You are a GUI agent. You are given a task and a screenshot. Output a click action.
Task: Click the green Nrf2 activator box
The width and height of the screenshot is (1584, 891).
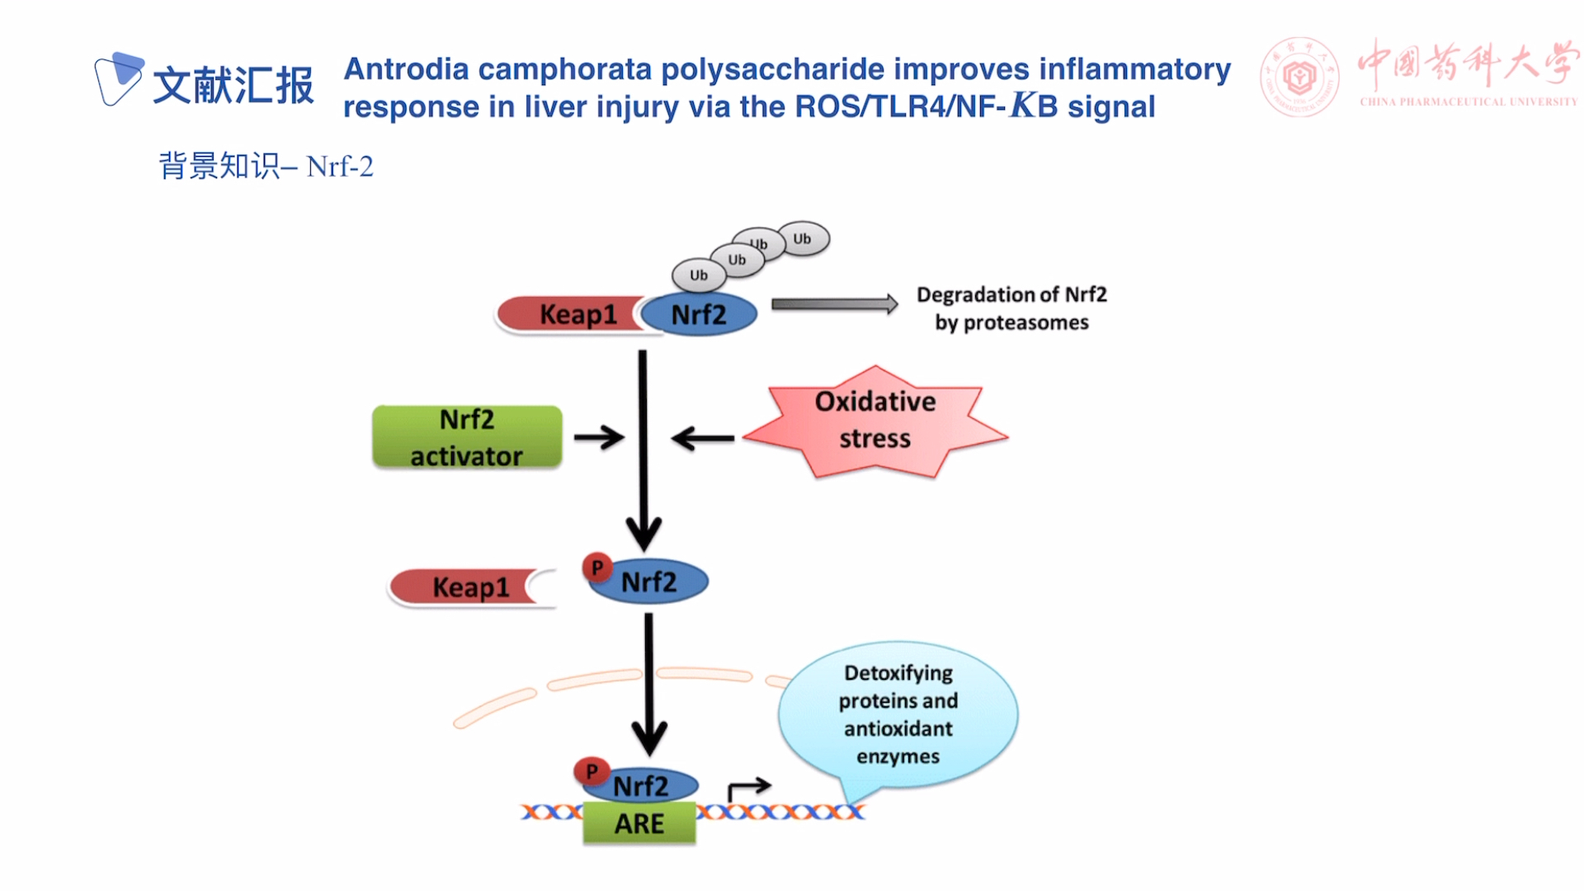pos(467,437)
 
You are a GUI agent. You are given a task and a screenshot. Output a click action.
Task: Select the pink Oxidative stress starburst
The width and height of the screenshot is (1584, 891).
pos(874,421)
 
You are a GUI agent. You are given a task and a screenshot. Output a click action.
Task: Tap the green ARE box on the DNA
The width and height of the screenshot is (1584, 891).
pos(639,823)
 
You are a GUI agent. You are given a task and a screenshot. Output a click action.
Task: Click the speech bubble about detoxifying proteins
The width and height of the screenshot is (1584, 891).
pos(898,714)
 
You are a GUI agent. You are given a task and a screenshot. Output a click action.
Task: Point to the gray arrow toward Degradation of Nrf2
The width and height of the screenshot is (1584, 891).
pos(833,304)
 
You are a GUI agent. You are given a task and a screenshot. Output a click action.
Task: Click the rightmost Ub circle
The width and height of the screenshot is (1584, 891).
pos(803,239)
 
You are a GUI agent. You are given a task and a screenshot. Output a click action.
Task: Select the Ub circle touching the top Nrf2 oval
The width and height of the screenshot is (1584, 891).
pos(699,276)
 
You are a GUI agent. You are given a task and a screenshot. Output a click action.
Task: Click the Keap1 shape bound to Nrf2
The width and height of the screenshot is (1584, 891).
pos(569,314)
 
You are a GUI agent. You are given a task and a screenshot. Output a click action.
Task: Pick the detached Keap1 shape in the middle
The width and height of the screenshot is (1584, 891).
pos(466,587)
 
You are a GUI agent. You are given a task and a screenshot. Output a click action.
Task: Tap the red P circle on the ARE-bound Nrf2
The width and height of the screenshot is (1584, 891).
pos(591,771)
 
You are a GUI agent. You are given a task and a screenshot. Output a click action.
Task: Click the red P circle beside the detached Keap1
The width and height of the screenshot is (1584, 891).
pos(596,568)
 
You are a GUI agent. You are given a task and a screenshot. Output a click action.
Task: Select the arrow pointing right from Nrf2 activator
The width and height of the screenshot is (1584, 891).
pos(599,437)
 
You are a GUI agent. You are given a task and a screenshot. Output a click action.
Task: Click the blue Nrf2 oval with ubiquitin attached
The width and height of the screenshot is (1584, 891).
pos(700,314)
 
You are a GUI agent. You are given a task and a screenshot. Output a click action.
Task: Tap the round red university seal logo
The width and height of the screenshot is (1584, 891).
pos(1299,78)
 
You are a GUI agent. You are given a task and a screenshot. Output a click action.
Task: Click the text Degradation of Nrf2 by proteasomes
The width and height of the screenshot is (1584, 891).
pos(1011,309)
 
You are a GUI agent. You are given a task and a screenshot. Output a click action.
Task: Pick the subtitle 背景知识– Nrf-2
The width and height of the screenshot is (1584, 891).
pos(266,167)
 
